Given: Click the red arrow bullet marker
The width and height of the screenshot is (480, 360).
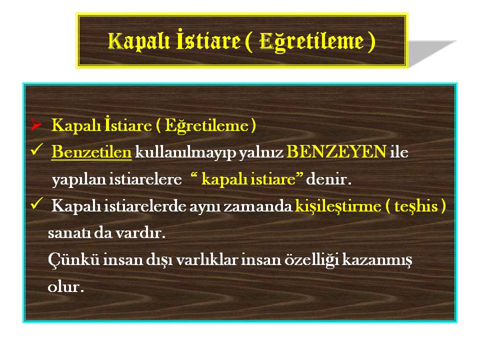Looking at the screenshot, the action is pos(36,124).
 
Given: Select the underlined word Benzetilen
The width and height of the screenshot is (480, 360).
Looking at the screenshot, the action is pos(91,152).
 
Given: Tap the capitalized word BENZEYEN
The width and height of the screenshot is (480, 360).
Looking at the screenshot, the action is pos(336,151).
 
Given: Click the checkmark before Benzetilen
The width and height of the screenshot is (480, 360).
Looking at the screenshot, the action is pos(36,149).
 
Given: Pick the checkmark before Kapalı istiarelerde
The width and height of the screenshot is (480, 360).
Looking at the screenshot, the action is pos(36,203).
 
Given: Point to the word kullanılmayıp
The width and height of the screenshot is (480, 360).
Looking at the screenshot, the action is pos(185,152).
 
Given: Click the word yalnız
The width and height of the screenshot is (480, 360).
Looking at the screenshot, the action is pos(261,152).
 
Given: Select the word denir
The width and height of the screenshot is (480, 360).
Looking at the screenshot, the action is pos(328,179).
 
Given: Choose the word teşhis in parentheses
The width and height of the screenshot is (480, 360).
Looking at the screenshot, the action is pos(416,206).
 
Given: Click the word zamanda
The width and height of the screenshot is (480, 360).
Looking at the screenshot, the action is pos(258,206).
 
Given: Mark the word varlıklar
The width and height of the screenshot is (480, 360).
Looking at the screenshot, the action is pos(207,259).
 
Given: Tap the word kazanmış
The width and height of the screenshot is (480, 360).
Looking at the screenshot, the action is pos(377,260).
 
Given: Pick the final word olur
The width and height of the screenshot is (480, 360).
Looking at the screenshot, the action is pos(66,286).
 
